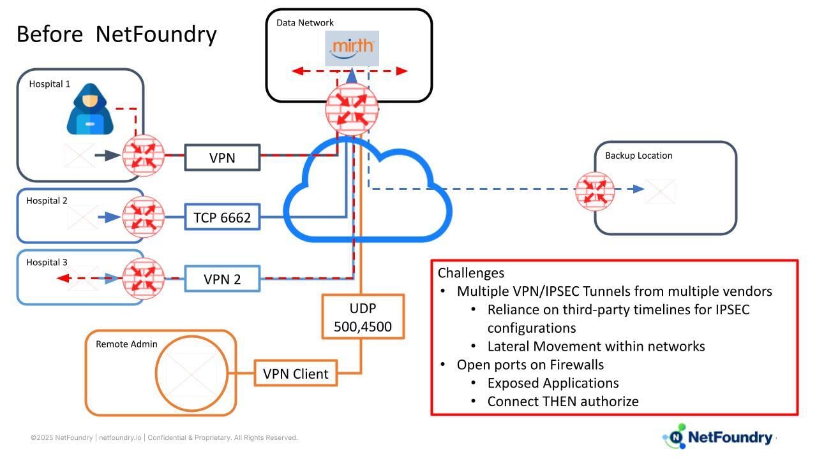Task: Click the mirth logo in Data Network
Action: tap(352, 48)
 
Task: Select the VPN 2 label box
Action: tap(222, 279)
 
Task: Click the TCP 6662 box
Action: tap(222, 217)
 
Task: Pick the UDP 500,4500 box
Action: tap(363, 317)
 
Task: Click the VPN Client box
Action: tap(296, 374)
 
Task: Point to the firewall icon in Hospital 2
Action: tap(143, 217)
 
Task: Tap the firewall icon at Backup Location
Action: tap(594, 190)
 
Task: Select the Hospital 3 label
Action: tap(47, 262)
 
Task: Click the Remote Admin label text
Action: tap(126, 344)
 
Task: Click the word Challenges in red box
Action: tap(471, 273)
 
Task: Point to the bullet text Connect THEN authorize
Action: tap(562, 401)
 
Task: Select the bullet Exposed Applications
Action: tap(553, 382)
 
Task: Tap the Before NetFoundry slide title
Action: tap(116, 34)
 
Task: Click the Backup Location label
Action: tap(638, 156)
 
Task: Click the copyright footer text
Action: tap(164, 437)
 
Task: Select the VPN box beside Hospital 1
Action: tap(222, 157)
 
